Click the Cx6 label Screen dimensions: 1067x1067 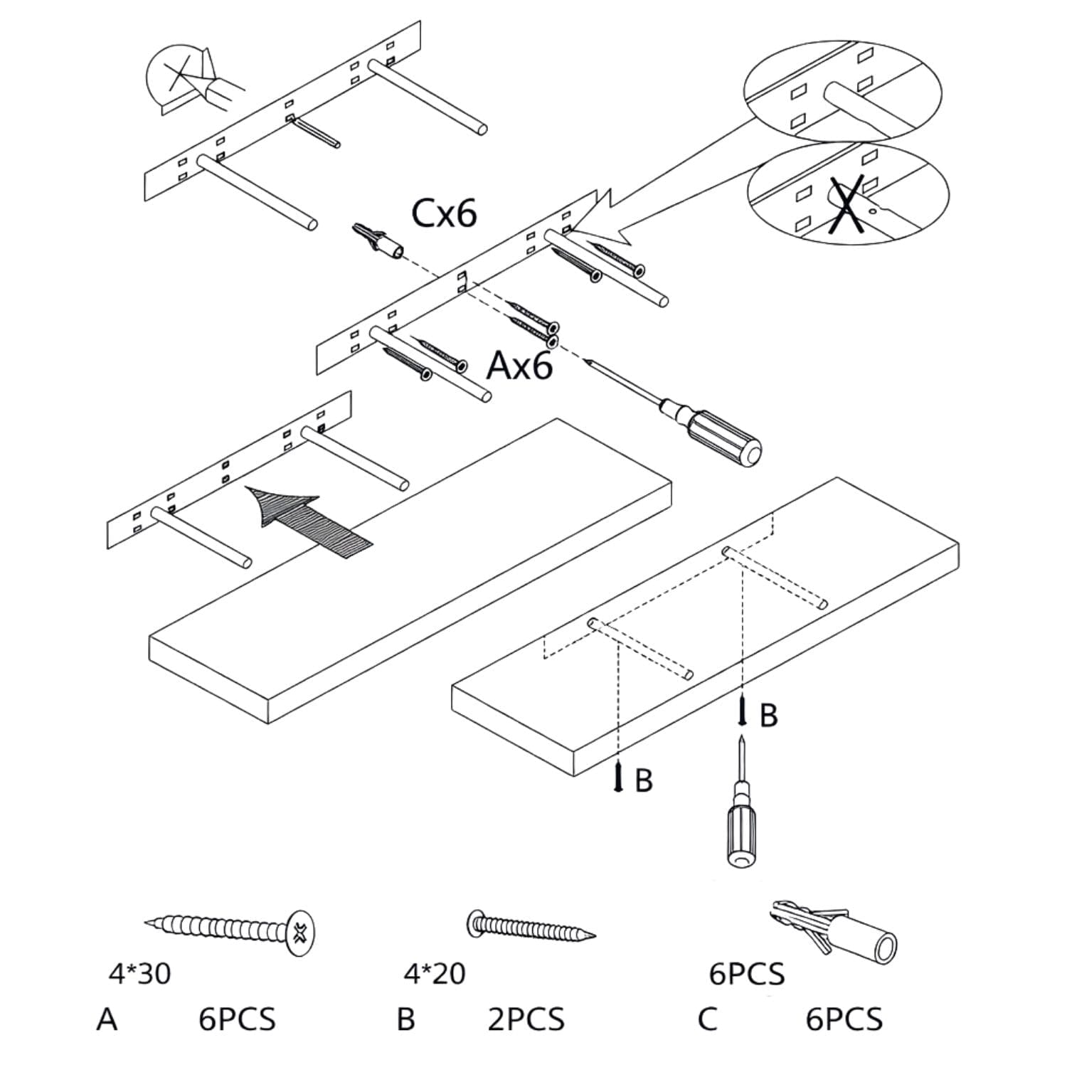(445, 213)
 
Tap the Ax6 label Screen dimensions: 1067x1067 (519, 366)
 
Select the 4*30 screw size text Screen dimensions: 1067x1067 (139, 974)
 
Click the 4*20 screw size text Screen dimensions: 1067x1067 (435, 974)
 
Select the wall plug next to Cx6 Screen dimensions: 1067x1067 (376, 240)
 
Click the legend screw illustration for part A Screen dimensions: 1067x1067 (231, 930)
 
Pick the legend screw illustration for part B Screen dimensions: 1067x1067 (530, 927)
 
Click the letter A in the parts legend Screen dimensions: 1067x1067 (107, 1019)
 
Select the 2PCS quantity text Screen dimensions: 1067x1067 (526, 1019)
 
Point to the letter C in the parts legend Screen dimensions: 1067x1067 (707, 1019)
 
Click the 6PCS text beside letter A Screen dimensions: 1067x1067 (237, 1019)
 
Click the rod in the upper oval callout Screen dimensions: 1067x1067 (854, 107)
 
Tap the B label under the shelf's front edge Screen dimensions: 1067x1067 (643, 780)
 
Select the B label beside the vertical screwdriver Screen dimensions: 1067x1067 (768, 716)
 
